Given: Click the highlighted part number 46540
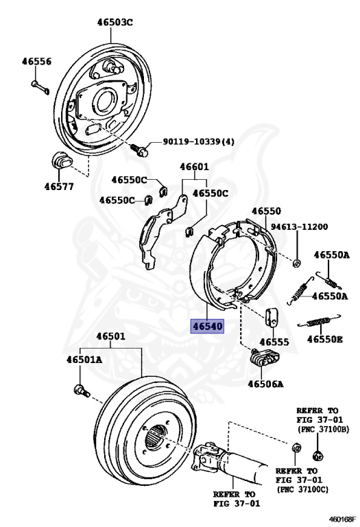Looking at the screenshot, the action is [207, 327].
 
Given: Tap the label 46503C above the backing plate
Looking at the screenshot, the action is [115, 22].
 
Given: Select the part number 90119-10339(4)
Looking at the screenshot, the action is [198, 141].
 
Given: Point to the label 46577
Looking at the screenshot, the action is [59, 187].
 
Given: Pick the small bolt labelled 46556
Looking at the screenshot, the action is [40, 86].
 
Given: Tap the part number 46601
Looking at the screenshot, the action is [194, 167].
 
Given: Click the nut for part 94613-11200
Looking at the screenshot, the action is [296, 263].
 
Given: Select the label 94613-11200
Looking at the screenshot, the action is [299, 227].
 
